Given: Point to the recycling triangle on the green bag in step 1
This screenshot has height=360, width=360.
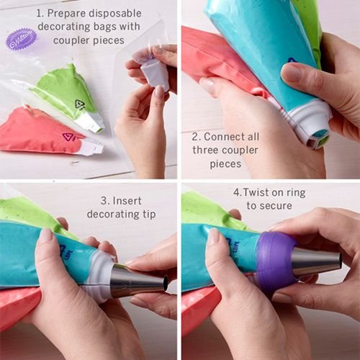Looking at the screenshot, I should coord(79,104).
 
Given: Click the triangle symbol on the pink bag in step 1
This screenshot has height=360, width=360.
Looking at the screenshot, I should coord(68,137).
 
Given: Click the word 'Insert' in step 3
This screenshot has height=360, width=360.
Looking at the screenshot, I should coord(115,199).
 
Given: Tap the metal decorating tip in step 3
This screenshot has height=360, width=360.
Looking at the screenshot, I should coord(137,281).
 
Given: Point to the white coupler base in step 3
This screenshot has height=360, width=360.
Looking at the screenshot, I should coord(96,275).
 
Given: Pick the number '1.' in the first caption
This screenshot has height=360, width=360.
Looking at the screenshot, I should coord(41,13).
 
